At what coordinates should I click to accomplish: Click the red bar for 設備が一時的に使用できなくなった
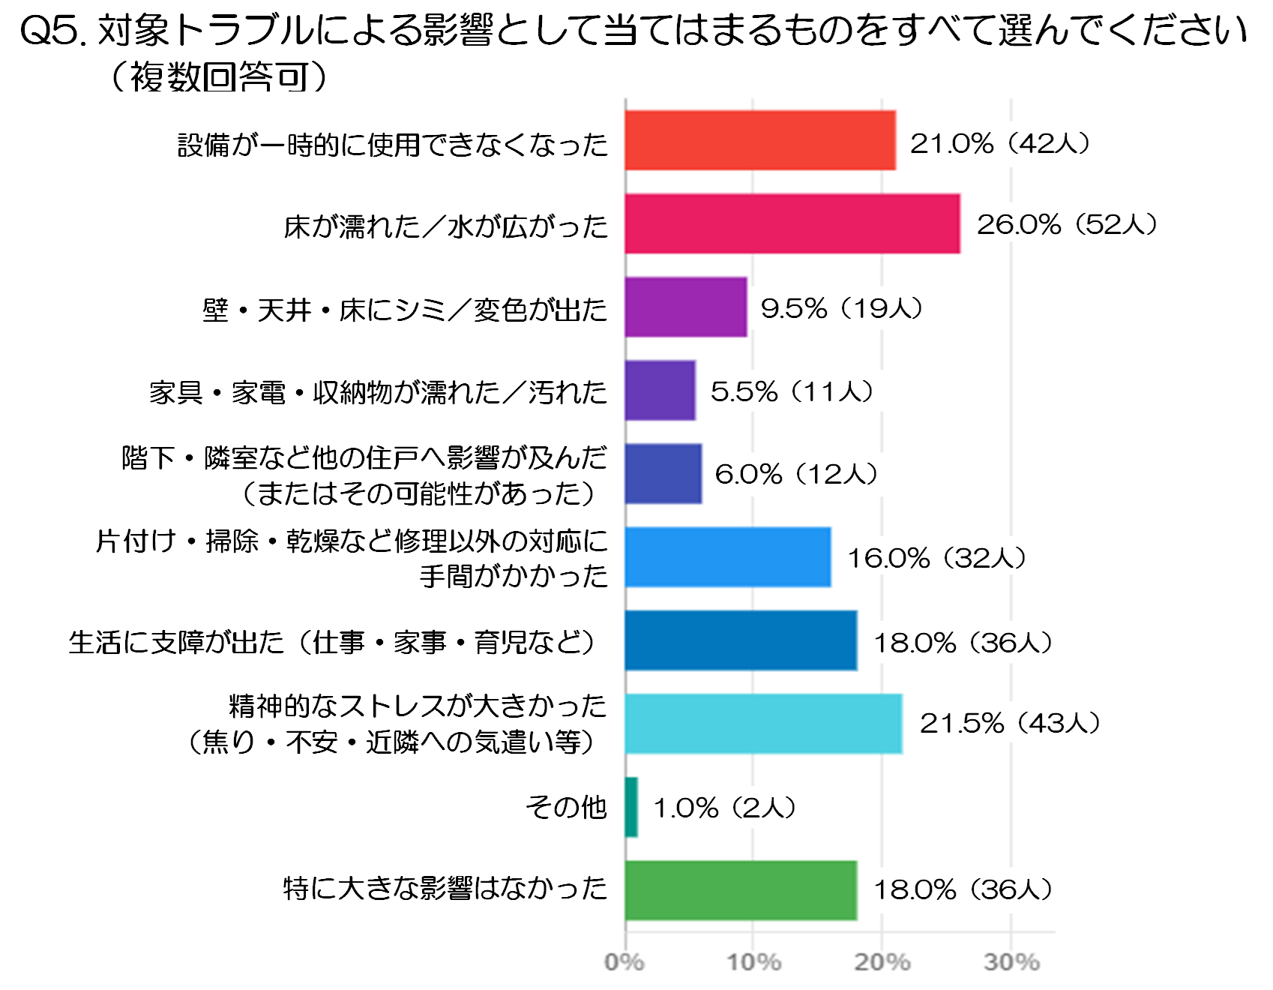(x=760, y=140)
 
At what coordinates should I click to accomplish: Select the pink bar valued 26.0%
(x=792, y=223)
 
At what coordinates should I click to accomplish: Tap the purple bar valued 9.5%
(x=686, y=307)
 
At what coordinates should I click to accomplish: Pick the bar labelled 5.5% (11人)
(x=660, y=390)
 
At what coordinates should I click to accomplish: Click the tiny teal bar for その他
(x=631, y=807)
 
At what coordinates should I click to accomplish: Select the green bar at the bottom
(x=741, y=890)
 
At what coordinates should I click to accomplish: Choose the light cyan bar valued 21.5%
(x=763, y=724)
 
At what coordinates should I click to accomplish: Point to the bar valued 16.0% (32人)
(x=728, y=557)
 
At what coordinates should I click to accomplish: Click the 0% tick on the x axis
(x=625, y=962)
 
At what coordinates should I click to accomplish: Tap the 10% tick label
(x=753, y=962)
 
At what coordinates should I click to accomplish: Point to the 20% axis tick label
(x=882, y=962)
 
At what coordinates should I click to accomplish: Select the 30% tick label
(x=1011, y=962)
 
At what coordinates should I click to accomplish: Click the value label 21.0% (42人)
(x=1000, y=142)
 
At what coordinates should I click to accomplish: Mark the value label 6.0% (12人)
(x=796, y=474)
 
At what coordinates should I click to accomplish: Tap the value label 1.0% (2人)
(x=724, y=808)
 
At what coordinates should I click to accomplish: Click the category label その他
(x=566, y=807)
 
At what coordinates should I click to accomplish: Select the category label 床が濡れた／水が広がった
(x=446, y=226)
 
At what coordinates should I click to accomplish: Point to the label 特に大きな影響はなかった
(x=445, y=889)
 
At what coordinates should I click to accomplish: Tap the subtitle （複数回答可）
(x=219, y=76)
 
